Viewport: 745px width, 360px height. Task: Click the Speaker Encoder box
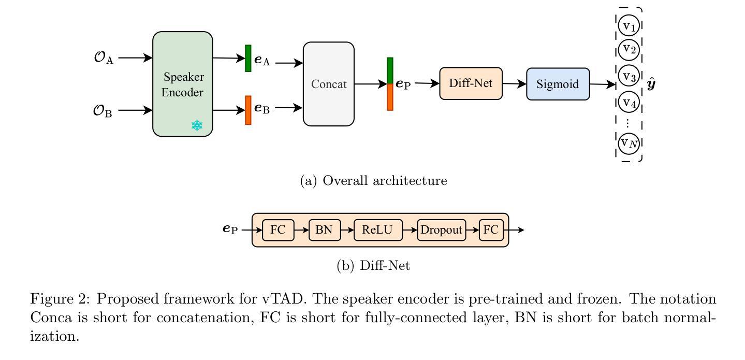[x=183, y=84]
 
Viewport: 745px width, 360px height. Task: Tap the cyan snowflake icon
[x=197, y=125]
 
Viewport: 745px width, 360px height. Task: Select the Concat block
[x=329, y=84]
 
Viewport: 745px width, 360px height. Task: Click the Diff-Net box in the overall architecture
[x=471, y=83]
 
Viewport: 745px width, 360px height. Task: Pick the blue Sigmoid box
[x=558, y=84]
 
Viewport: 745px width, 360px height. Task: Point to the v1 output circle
[x=629, y=25]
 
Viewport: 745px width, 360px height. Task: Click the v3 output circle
[x=629, y=76]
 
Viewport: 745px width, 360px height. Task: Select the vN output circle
[x=629, y=143]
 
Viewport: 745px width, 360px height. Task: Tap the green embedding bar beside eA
[x=248, y=58]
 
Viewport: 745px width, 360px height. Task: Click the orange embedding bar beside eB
[x=248, y=110]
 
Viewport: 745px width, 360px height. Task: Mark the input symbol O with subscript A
[x=104, y=57]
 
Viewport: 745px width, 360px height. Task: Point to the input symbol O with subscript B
[x=103, y=111]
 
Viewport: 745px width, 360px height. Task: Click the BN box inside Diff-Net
[x=325, y=230]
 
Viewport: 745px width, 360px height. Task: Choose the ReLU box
[x=378, y=230]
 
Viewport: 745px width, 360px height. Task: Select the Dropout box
[x=441, y=230]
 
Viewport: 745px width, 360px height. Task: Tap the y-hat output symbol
[x=651, y=83]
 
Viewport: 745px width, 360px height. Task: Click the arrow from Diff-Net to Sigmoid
[x=514, y=84]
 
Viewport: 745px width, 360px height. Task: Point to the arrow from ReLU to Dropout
[x=410, y=230]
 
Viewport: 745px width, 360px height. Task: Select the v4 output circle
[x=629, y=102]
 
